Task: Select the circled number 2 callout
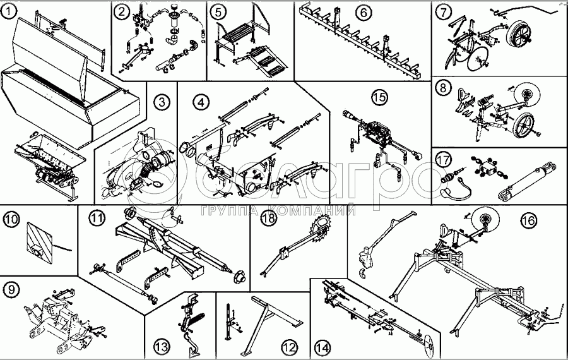(122, 11)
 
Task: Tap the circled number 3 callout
(163, 101)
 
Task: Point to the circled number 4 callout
(200, 101)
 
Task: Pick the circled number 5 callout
(218, 11)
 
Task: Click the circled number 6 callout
(363, 11)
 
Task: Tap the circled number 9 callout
(11, 291)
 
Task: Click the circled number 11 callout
(95, 219)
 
